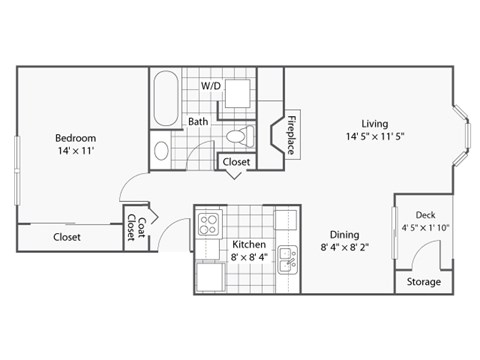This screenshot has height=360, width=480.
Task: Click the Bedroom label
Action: [x=75, y=137]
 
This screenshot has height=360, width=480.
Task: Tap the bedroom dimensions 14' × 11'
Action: [x=75, y=154]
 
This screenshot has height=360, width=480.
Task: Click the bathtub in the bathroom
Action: [x=166, y=98]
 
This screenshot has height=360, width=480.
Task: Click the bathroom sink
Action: [x=162, y=151]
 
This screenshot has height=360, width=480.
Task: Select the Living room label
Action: [x=375, y=124]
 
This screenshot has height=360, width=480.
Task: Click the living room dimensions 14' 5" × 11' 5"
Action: [x=375, y=138]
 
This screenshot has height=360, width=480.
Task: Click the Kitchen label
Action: [x=248, y=244]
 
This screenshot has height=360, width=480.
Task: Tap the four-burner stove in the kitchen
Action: [x=210, y=223]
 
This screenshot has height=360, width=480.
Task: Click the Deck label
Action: [x=426, y=215]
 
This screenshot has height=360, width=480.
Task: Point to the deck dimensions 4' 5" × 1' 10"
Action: [x=426, y=228]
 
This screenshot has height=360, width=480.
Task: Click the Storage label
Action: [x=424, y=282]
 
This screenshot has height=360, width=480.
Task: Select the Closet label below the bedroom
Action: [x=66, y=237]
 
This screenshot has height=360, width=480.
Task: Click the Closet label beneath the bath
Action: [x=236, y=161]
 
